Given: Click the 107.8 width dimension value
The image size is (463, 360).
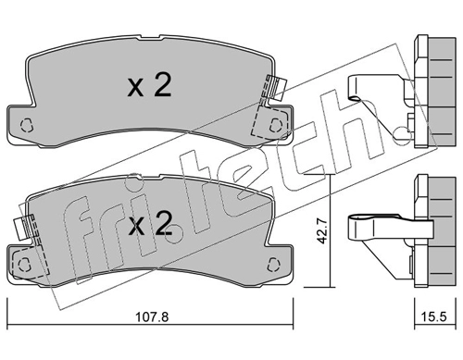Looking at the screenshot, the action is pos(152,317).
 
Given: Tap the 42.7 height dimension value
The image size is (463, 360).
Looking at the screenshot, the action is pos(322,231).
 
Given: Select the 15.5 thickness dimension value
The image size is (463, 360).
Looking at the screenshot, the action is pos(434,317).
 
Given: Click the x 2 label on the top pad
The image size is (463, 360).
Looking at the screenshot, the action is pos(149,85).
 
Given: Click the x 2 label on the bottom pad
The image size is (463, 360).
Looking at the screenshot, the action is pos(150,223).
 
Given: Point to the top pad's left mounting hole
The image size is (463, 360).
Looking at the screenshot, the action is pos(27,125).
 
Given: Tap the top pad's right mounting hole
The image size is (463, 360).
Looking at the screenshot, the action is pos(276,125).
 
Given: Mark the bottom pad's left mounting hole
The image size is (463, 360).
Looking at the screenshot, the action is pos(24,264).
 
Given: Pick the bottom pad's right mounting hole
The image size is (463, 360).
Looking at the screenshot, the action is pos(273,264).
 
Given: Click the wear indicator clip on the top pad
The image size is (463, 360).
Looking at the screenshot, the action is pos(277,87).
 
